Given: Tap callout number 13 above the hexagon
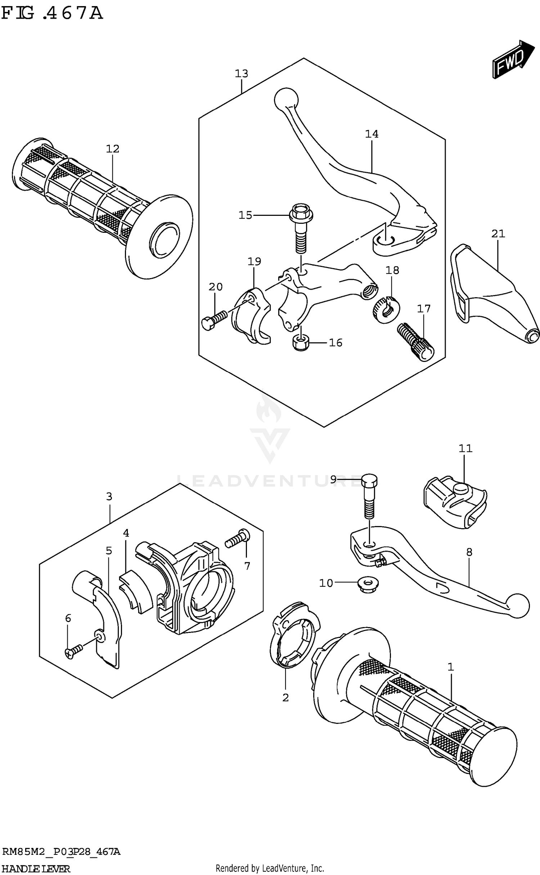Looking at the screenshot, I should tap(241, 74).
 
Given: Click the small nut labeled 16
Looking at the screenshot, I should tap(301, 343).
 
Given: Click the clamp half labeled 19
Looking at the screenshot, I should tap(250, 317).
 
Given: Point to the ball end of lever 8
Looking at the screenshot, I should tap(518, 606).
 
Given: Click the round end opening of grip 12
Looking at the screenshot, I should tap(165, 240).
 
